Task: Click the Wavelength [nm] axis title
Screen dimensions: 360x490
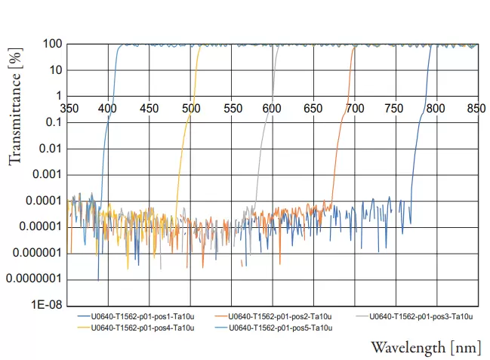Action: [x=425, y=347]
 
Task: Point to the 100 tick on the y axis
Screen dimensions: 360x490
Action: [x=51, y=44]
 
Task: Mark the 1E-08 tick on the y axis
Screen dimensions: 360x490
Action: [x=47, y=306]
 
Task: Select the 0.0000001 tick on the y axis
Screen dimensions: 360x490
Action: [x=35, y=279]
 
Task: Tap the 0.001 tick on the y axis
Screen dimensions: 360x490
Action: [x=47, y=174]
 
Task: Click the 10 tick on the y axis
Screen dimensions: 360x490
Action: [x=54, y=70]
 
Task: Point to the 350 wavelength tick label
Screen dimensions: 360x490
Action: [x=69, y=108]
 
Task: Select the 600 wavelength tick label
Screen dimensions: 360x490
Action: [x=272, y=108]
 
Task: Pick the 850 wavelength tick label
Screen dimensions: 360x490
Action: [x=476, y=108]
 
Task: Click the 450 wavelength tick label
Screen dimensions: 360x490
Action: [x=149, y=108]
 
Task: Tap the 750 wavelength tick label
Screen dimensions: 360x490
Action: [x=394, y=108]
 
